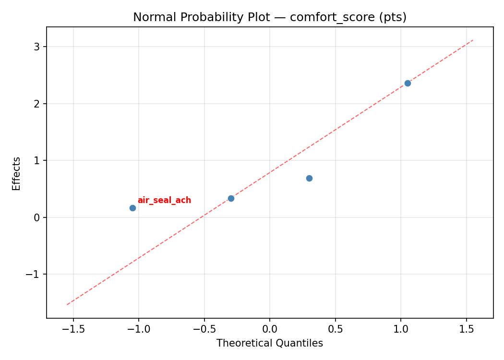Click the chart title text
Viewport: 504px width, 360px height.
tap(270, 17)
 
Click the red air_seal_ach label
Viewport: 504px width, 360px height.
tap(164, 201)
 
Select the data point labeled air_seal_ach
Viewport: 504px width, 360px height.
tap(132, 208)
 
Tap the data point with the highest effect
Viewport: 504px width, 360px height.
tap(408, 83)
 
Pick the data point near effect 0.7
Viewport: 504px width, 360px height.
tap(309, 178)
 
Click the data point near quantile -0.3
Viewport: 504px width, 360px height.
tap(231, 198)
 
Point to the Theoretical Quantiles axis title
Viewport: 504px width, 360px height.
tap(270, 343)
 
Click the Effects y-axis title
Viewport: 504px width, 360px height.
tap(17, 173)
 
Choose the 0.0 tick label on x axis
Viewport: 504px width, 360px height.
tap(270, 329)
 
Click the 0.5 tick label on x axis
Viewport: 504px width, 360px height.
tap(335, 329)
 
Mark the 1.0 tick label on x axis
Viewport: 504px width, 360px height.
tap(401, 329)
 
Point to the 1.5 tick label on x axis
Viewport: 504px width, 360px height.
tap(467, 329)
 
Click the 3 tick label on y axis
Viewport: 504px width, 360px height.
tap(37, 47)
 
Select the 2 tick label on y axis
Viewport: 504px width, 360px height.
tap(37, 104)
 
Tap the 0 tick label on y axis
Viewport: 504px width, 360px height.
tap(37, 217)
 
